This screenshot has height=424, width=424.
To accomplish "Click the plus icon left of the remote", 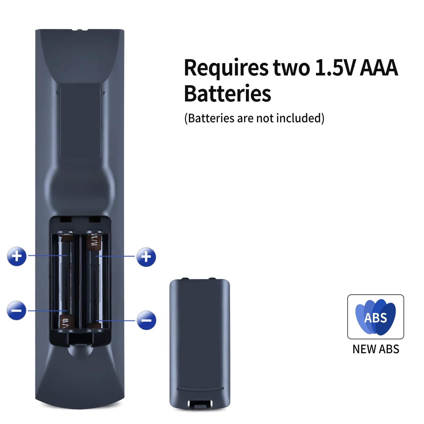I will click(17, 256).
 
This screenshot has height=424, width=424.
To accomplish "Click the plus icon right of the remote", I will click(146, 257).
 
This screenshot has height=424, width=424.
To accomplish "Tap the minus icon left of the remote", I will click(16, 310).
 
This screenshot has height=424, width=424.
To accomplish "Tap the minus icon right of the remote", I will click(146, 320).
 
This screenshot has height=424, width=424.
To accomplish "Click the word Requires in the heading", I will click(226, 68).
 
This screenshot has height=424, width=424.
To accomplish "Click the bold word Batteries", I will click(227, 94).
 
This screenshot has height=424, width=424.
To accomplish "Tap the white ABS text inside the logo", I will click(376, 318).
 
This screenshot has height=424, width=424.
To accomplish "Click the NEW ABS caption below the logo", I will click(376, 349).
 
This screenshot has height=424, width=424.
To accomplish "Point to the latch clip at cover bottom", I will click(200, 404).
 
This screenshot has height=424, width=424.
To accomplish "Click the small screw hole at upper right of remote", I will click(104, 93).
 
